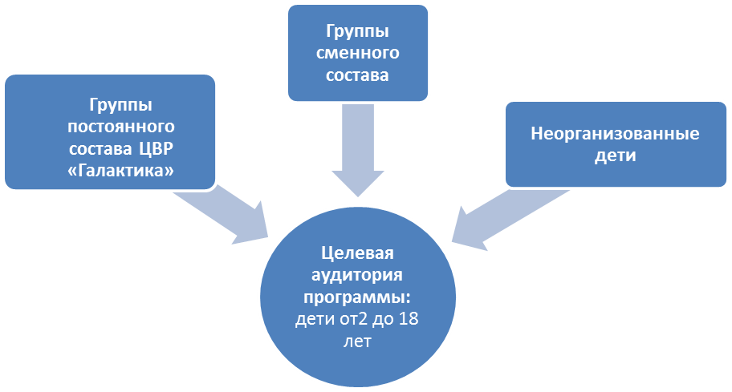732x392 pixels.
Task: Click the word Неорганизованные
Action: tap(614, 134)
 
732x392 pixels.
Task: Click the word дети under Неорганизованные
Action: tap(614, 156)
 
